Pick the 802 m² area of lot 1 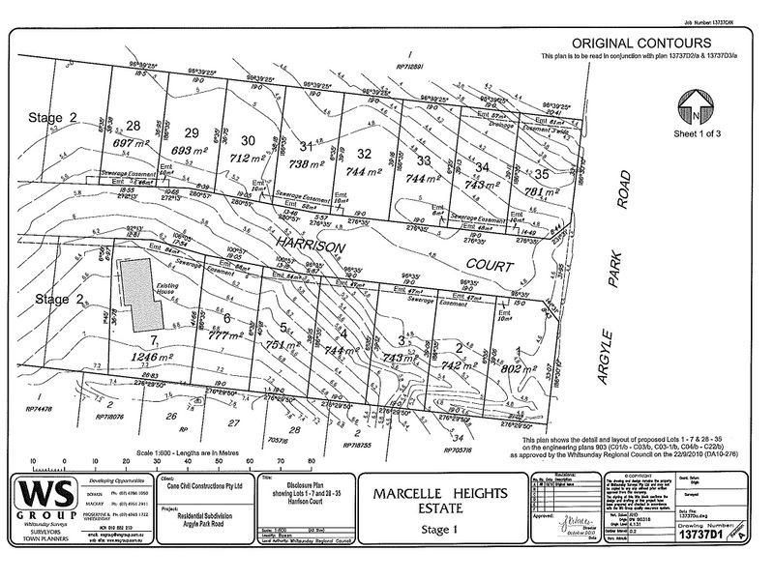pyautogui.click(x=512, y=367)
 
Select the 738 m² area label pyautogui.click(x=308, y=165)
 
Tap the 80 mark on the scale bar pyautogui.click(x=311, y=461)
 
